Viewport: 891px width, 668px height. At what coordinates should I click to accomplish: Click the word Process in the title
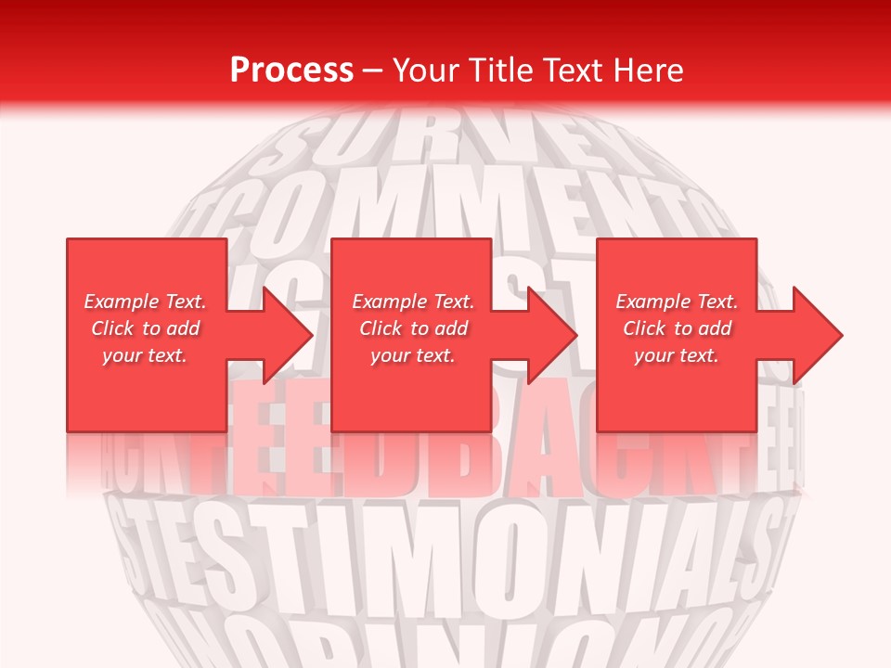(291, 71)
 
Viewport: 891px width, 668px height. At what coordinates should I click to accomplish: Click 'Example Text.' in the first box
(145, 302)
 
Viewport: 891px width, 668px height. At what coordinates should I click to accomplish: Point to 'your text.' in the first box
(145, 355)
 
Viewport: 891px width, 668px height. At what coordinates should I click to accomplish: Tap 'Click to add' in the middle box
(413, 328)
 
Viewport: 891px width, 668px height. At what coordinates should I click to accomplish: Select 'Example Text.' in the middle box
(413, 302)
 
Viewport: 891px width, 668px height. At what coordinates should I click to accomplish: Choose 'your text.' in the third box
(677, 355)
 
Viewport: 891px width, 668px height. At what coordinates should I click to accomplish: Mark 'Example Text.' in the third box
(677, 302)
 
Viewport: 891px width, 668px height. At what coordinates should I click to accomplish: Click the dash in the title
(373, 71)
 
